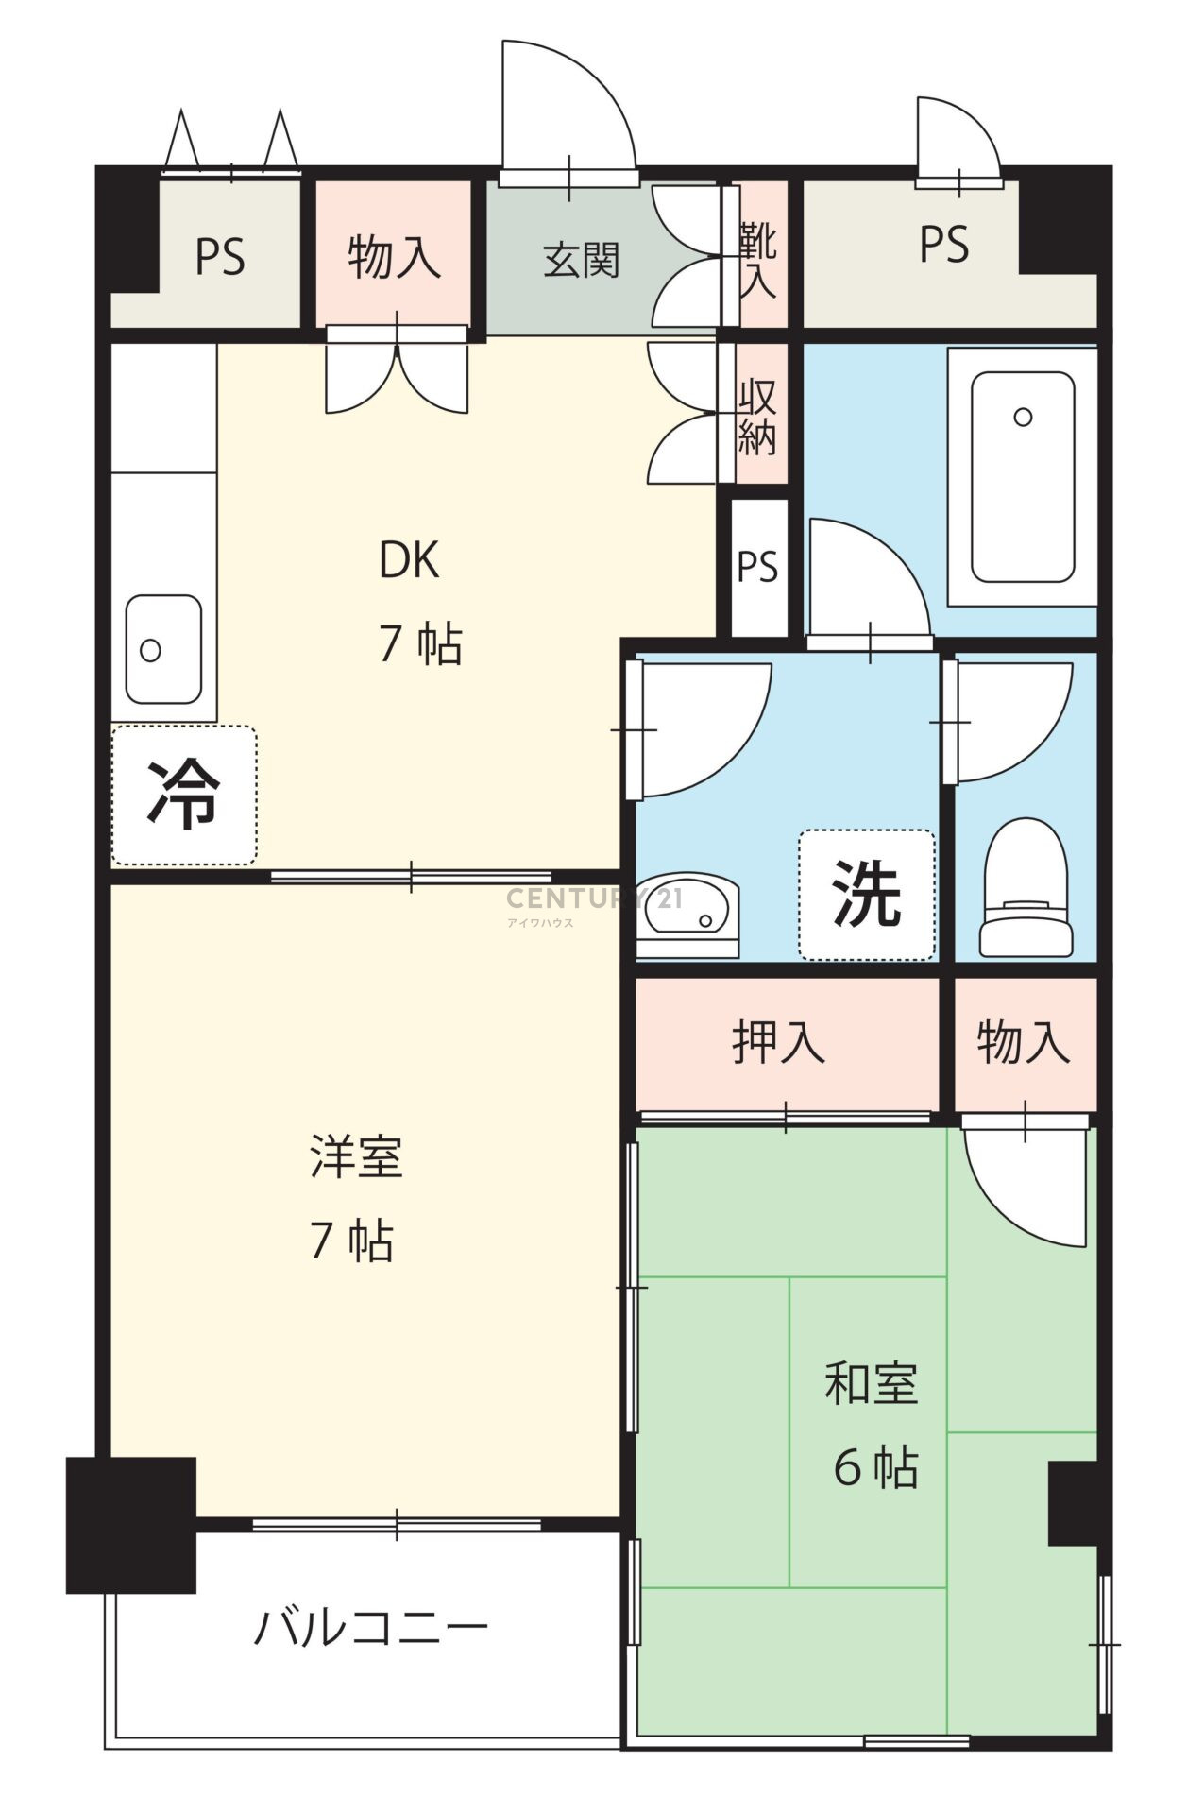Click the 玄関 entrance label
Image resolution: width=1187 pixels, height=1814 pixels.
click(x=581, y=261)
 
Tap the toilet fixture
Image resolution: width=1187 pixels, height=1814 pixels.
click(x=1026, y=886)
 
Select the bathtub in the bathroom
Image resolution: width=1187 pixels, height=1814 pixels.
click(x=1023, y=476)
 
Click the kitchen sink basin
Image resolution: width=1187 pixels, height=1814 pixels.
click(x=163, y=649)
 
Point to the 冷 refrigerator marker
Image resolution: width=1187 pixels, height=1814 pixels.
click(x=183, y=794)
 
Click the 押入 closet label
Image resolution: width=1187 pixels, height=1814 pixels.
click(x=778, y=1042)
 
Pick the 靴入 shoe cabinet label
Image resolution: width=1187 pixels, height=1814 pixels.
click(x=758, y=260)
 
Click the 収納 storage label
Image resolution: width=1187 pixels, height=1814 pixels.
click(x=757, y=417)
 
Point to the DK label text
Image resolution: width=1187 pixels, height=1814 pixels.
click(x=409, y=561)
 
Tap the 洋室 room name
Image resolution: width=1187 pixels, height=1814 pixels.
click(x=356, y=1157)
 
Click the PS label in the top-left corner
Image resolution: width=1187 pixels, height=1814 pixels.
click(x=220, y=257)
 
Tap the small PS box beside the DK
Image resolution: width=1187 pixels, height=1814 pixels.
click(x=757, y=566)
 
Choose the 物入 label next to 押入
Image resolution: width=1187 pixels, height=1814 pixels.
click(x=1024, y=1042)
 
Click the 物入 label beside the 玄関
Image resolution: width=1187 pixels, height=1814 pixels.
click(x=394, y=257)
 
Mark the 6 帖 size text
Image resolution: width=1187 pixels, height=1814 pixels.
click(x=875, y=1466)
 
